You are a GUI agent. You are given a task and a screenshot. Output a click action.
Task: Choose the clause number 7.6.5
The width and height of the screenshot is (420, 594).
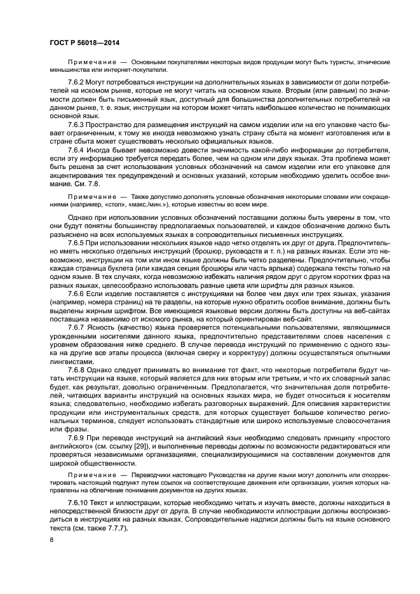click(77, 243)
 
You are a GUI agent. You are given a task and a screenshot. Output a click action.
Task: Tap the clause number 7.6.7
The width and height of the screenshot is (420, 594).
click(77, 326)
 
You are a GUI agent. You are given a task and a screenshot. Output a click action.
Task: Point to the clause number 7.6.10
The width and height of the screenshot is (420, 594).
click(79, 503)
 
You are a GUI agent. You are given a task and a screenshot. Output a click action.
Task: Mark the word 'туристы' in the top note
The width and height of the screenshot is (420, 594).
click(337, 61)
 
